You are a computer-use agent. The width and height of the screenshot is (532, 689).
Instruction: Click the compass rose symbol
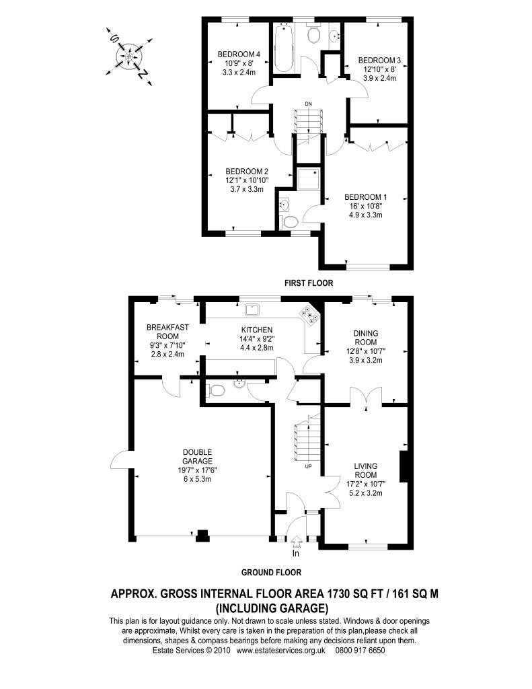tap(129, 57)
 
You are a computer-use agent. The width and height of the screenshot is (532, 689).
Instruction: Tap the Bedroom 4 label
tap(239, 54)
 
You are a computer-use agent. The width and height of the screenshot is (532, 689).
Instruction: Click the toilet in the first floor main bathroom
tap(313, 34)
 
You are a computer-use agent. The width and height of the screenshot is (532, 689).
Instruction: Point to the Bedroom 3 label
tap(379, 60)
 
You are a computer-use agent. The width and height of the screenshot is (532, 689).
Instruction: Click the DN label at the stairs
tap(309, 103)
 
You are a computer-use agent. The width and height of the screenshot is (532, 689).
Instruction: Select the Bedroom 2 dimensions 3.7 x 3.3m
tap(246, 189)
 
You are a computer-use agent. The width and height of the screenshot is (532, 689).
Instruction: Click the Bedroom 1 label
tap(365, 197)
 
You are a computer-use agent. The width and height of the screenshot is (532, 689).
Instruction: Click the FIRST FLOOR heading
tap(309, 283)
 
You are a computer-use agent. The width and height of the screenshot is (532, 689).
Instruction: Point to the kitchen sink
tap(254, 309)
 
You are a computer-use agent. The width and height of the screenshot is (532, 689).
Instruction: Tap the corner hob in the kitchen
tap(311, 315)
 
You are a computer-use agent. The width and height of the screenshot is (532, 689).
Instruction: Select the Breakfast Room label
tap(167, 332)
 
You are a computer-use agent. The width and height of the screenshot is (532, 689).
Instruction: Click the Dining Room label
tap(365, 338)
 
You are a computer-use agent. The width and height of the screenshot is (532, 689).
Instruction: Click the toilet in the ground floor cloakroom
tap(216, 390)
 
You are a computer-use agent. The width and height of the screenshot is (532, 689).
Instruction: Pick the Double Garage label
tap(198, 457)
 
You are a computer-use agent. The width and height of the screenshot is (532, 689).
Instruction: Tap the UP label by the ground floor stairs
tap(308, 466)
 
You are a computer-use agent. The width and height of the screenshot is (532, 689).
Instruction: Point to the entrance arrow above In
tap(296, 541)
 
